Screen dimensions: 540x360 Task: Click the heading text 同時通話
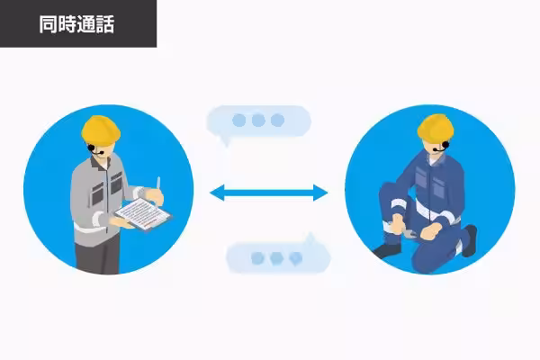[x=76, y=24]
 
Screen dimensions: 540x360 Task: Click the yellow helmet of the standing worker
[x=101, y=130]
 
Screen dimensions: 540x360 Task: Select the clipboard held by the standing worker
[x=142, y=213]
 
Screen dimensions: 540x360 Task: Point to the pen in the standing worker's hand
[x=158, y=183]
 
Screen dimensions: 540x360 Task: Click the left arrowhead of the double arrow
[x=217, y=193]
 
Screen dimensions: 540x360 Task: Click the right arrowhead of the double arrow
[x=320, y=193]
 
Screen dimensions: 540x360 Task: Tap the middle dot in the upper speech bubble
[x=258, y=121]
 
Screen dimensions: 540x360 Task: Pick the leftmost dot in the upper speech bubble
[x=239, y=121]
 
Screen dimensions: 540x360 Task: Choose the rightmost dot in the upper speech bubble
[x=277, y=121]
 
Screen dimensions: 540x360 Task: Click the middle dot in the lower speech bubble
[x=276, y=257]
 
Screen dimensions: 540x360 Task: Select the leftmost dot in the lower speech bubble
[x=257, y=257]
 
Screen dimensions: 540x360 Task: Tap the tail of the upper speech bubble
[x=226, y=141]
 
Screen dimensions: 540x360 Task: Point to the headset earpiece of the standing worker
[x=91, y=148]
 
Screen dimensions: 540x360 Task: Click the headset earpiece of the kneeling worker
[x=446, y=145]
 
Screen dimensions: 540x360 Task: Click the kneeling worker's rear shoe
[x=470, y=240]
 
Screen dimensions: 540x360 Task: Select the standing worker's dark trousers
[x=98, y=254]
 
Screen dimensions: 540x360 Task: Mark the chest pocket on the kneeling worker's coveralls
[x=421, y=178]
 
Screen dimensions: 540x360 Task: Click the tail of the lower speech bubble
[x=311, y=238]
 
